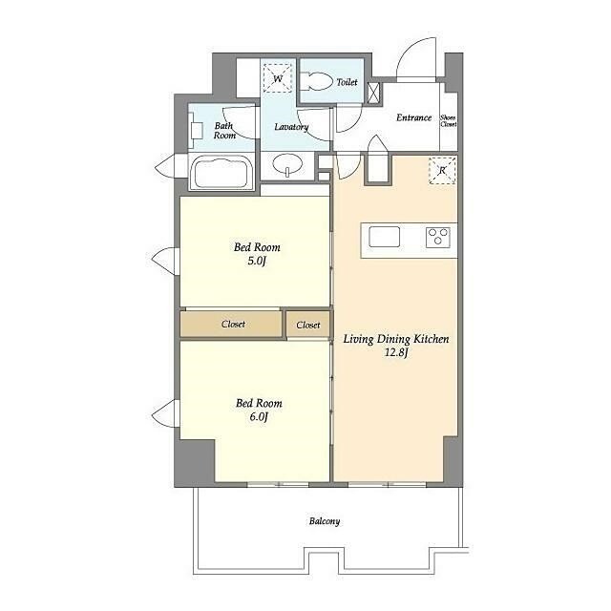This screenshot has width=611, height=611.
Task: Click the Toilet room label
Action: (347, 82)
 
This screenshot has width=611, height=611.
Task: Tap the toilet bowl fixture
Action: (317, 82)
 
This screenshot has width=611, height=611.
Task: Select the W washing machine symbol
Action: (278, 78)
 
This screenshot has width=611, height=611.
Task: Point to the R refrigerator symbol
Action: (442, 171)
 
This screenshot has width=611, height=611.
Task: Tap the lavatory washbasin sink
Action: (288, 164)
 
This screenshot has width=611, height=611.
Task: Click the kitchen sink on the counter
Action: (384, 237)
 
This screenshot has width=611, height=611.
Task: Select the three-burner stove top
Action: (438, 237)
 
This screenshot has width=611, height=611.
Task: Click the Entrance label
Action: (413, 117)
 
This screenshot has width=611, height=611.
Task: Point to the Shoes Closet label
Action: (448, 121)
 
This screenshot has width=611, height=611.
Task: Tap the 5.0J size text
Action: (257, 261)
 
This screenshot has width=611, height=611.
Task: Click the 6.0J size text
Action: (259, 417)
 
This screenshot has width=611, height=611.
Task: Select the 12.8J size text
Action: (396, 353)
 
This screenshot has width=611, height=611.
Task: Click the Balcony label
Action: (325, 521)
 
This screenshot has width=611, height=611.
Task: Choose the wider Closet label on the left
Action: (233, 325)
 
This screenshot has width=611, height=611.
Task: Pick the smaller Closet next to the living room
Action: (307, 325)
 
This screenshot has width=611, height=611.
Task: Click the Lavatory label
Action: (291, 127)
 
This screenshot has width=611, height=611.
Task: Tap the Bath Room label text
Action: (225, 131)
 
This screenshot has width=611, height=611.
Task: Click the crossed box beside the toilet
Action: (373, 94)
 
